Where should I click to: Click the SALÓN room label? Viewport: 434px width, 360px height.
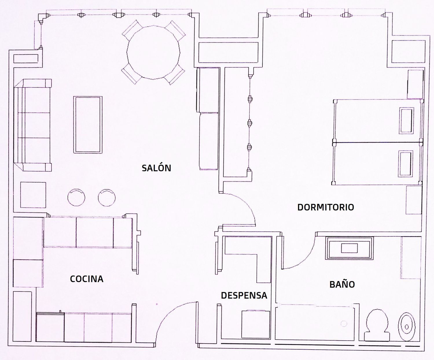pos(156,168)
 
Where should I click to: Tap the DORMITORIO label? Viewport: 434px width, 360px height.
pos(326,207)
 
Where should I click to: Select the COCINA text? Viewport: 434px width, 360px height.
pos(87,279)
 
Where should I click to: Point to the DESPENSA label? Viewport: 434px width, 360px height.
pos(244,296)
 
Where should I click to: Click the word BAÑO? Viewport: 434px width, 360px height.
pos(342,284)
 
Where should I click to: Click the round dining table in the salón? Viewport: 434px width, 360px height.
pos(153,52)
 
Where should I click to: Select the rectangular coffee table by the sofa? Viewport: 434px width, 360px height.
pos(88,125)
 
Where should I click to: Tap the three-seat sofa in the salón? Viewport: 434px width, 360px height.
pos(32,125)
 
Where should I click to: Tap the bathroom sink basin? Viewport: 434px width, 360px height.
pos(349,248)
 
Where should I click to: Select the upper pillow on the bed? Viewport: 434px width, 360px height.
pos(406,121)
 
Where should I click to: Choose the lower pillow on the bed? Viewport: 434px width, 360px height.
pos(405,164)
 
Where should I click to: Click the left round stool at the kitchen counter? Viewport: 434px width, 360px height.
pos(76,197)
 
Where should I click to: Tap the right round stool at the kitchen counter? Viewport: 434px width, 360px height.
pos(107,197)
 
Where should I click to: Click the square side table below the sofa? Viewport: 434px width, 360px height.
pos(33,195)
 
